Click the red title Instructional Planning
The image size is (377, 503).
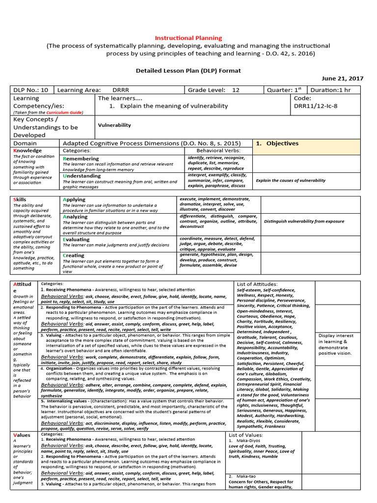click(x=188, y=38)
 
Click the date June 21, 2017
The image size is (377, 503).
click(x=343, y=78)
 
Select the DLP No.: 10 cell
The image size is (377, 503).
click(x=31, y=90)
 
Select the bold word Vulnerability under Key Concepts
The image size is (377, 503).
click(x=114, y=125)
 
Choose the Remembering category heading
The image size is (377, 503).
click(x=81, y=159)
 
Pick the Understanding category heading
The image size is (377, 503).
click(x=81, y=176)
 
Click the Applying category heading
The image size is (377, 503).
click(x=74, y=199)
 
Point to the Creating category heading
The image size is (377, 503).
click(x=74, y=255)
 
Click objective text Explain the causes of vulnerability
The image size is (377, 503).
click(x=291, y=180)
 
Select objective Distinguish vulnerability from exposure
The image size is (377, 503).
click(x=304, y=221)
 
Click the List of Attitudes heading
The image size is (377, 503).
click(x=257, y=284)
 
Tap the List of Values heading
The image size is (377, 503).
click(x=246, y=435)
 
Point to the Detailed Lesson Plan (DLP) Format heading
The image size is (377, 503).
click(x=188, y=71)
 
